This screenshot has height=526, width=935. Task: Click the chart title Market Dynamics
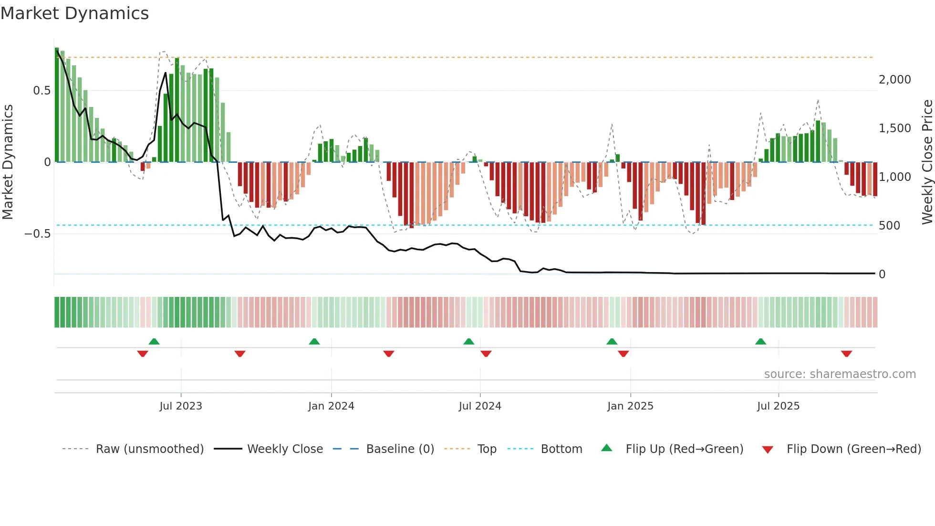(x=74, y=13)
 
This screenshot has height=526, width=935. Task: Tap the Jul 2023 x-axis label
(x=181, y=406)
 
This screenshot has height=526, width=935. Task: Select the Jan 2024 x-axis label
(x=331, y=406)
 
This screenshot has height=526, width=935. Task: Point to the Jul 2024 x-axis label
(x=480, y=406)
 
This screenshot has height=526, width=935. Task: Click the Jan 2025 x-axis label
(x=630, y=406)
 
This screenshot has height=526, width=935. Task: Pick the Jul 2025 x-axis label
(x=778, y=406)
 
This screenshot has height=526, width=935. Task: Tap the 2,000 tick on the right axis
(x=894, y=80)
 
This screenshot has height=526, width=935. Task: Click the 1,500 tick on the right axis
(x=894, y=128)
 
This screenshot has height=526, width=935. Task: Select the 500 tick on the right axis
(x=889, y=226)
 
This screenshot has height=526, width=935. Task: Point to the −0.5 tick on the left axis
(x=37, y=234)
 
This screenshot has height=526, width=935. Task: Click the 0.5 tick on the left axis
(x=42, y=91)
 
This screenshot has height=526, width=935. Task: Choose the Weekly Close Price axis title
(x=927, y=162)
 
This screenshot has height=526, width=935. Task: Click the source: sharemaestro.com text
(x=840, y=374)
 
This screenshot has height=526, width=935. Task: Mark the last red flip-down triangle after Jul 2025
(x=846, y=354)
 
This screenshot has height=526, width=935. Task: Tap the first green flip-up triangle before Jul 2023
(x=154, y=342)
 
